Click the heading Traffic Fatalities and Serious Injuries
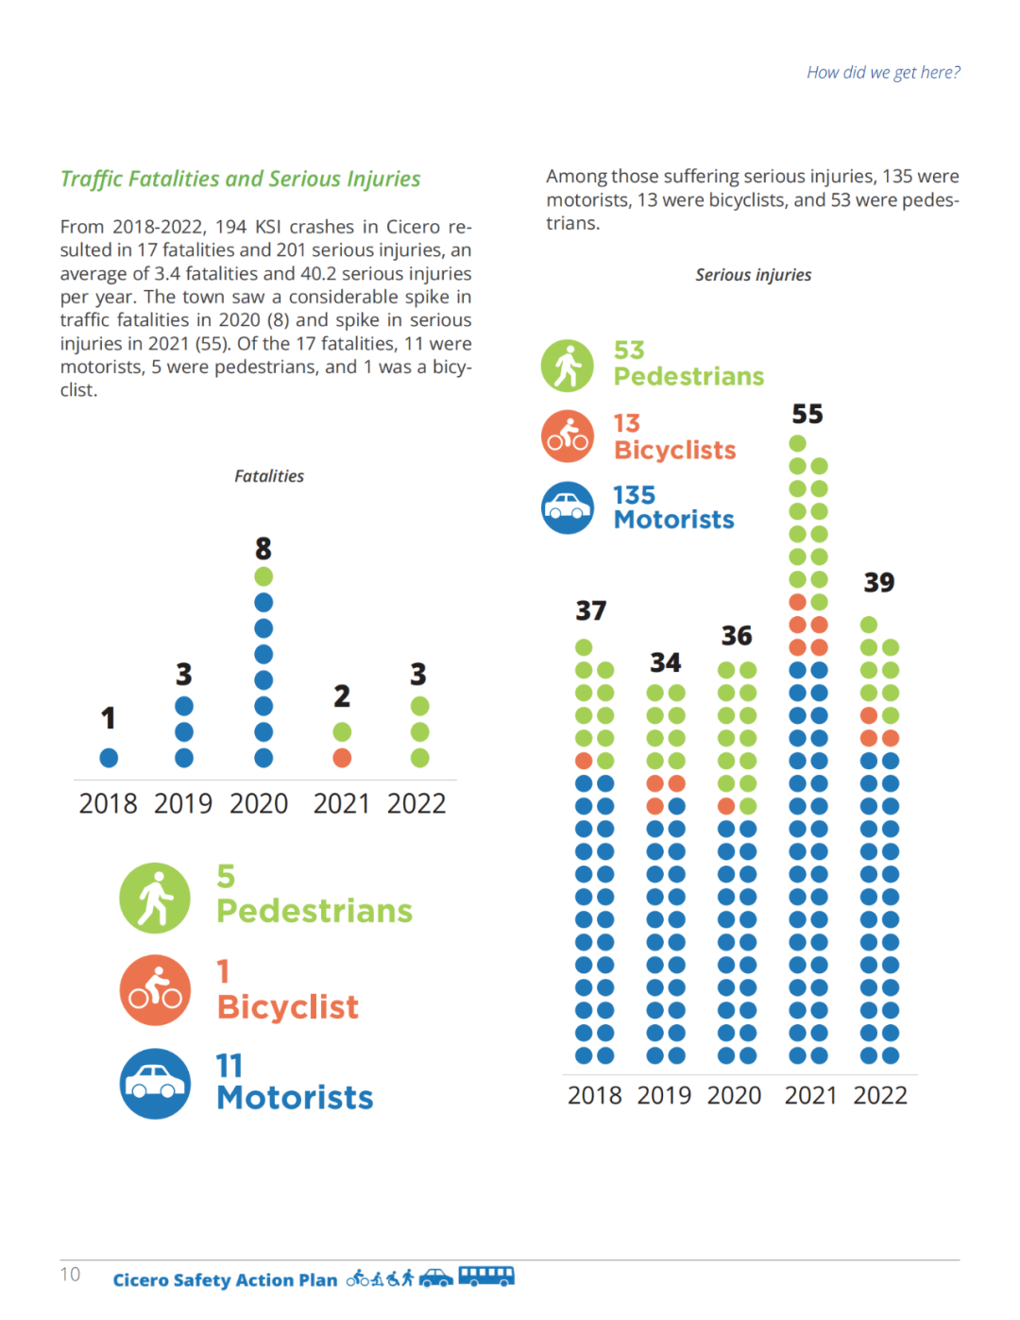[240, 179]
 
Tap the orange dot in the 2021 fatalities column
[342, 758]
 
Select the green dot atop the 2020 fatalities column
[263, 576]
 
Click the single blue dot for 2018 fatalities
[109, 758]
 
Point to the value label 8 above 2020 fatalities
[263, 548]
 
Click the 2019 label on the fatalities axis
[183, 803]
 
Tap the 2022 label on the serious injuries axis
[880, 1095]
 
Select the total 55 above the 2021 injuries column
[807, 414]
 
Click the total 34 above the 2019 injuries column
[665, 662]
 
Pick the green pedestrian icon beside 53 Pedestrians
[568, 366]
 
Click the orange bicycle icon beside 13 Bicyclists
[568, 437]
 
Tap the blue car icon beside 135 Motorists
[568, 508]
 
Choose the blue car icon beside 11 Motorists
[156, 1084]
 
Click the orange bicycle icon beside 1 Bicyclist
[156, 990]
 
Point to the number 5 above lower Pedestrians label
[226, 876]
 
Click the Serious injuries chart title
[753, 275]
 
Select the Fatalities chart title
[269, 476]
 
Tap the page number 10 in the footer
[71, 1275]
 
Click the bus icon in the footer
[486, 1277]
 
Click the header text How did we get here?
[883, 73]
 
